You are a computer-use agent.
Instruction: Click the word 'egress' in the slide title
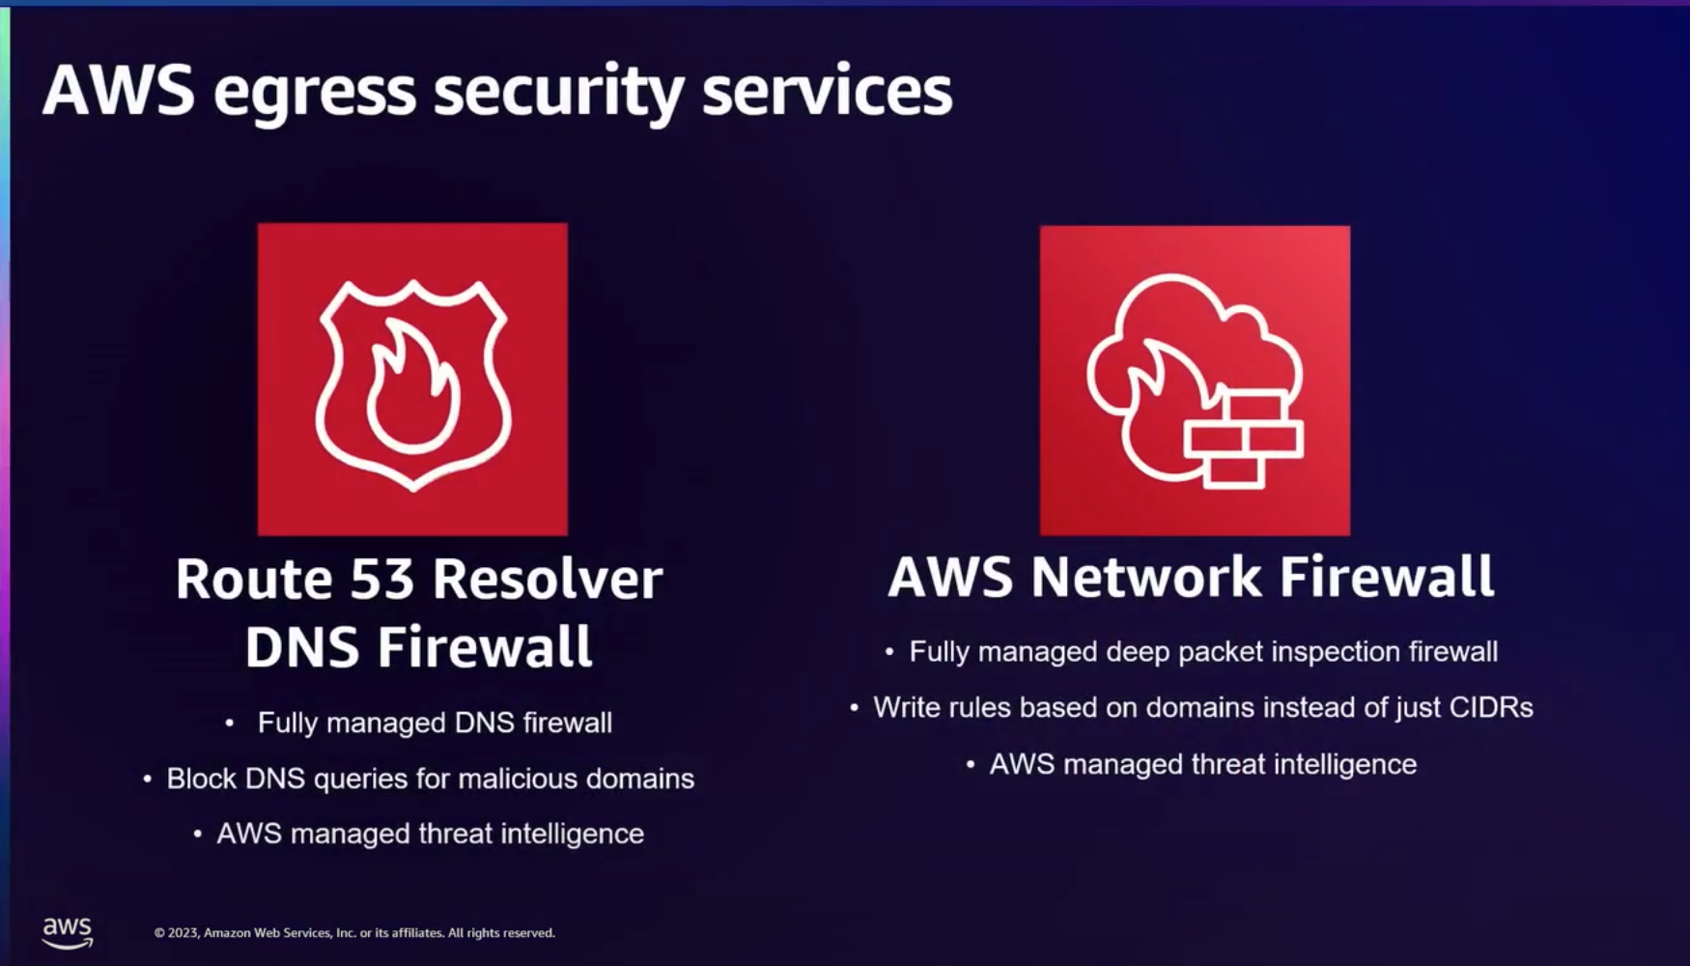[x=315, y=93]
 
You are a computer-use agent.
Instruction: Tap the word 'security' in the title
[x=559, y=93]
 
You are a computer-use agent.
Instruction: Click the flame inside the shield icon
[x=412, y=391]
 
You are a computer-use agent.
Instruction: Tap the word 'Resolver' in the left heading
[x=548, y=580]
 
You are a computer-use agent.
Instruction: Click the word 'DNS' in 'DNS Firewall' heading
[x=301, y=647]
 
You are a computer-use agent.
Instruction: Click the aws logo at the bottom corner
[x=67, y=931]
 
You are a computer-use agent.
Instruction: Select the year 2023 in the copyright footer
[x=183, y=933]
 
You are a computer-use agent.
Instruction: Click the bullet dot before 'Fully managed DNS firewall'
[x=229, y=723]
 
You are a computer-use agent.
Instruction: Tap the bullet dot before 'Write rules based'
[x=854, y=708]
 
